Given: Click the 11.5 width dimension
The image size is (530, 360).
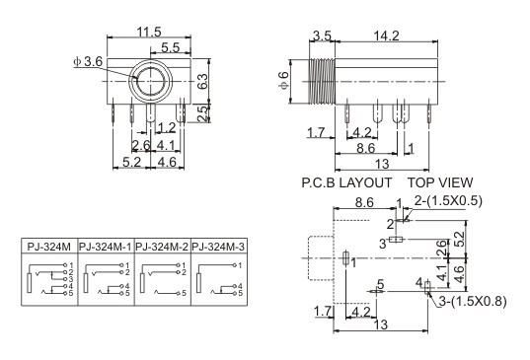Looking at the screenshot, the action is pos(149,33).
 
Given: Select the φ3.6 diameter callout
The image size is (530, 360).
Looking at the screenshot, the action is pos(88,62).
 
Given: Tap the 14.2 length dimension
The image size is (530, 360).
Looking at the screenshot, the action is pos(386,36).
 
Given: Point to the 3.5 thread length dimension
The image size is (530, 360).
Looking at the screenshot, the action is pos(322,36).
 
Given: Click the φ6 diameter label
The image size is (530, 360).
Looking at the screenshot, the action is pos(284,81).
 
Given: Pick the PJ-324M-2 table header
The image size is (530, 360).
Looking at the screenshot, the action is pos(162,247).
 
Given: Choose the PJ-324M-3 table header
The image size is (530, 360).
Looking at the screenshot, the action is pos(218,247).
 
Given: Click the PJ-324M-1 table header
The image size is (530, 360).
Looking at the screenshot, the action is pos(106,247).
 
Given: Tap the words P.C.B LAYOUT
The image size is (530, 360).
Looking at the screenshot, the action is pos(346,182).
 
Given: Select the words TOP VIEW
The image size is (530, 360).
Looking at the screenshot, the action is pos(440,182).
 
